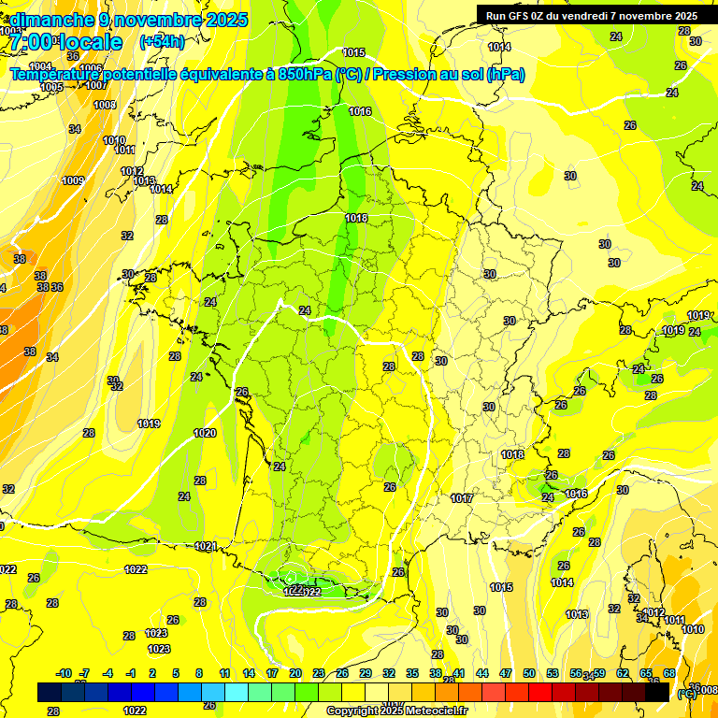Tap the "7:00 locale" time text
point(66,42)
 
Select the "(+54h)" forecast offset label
point(161,42)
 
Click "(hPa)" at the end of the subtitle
point(506,75)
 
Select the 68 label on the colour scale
point(669,673)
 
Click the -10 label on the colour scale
point(65,673)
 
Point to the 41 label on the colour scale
point(459,673)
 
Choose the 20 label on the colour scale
point(295,673)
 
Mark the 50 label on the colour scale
point(529,673)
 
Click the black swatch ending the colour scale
point(657,692)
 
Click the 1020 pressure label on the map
point(205,433)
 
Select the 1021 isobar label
point(206,546)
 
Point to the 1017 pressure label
point(461,498)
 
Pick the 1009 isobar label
point(73,180)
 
